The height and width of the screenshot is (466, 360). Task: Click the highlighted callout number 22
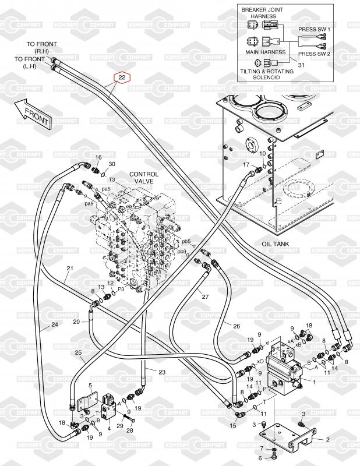coord(122,77)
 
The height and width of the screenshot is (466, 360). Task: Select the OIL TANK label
coord(276,244)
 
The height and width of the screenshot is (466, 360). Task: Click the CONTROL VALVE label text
coord(144,178)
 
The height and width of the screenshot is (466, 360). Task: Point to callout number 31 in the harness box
coord(301,65)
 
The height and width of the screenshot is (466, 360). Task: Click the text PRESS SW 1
coord(315,29)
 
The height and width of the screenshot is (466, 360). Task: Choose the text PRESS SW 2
coord(315,54)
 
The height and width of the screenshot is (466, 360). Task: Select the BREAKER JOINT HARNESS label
coord(263,13)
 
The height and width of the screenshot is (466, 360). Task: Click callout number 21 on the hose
coord(69,269)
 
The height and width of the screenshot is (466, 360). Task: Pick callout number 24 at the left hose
coord(55,324)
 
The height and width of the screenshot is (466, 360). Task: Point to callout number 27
coord(205,296)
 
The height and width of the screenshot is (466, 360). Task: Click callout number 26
coord(237,326)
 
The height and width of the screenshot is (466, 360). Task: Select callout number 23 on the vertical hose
coord(162,372)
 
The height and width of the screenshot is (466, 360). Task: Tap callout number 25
coord(79,353)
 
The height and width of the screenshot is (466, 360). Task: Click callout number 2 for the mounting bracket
coord(327,440)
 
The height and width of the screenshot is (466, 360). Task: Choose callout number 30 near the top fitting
coord(112,164)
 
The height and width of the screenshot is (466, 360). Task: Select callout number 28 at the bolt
coord(130,430)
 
